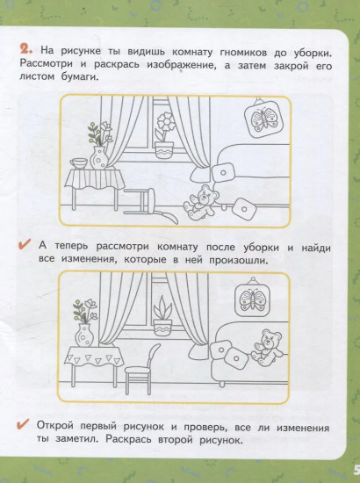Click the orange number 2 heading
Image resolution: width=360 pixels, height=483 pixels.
coord(26,49)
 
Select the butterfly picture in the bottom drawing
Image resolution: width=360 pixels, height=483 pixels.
coord(253,297)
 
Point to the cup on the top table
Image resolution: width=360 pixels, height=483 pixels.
coord(79,163)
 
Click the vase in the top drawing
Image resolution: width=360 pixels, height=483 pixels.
coord(99,158)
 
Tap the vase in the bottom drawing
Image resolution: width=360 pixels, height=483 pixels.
coord(84,335)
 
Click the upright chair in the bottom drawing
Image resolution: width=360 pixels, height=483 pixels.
coord(140,369)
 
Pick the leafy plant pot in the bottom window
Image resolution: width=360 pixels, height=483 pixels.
coord(163,316)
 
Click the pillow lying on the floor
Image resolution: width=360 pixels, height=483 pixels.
coord(243,208)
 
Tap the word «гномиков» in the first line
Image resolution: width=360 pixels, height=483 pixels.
coord(243,53)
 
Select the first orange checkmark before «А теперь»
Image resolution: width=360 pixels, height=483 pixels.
coord(24,244)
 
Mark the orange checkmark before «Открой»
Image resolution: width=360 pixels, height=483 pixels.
coord(24,424)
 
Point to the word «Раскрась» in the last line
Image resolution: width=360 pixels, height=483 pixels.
coord(128,439)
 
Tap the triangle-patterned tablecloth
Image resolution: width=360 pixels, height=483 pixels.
coord(94,357)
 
